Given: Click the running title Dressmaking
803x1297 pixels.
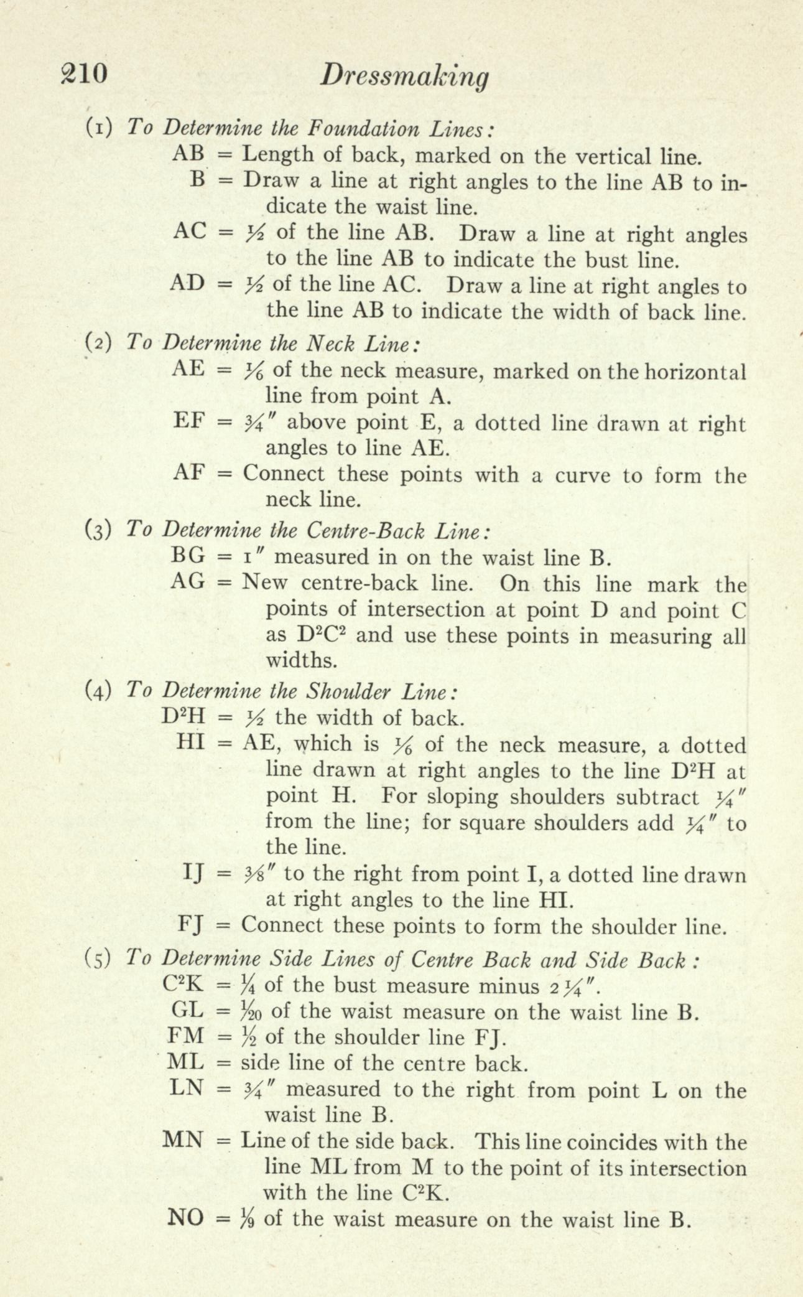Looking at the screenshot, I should (x=403, y=77).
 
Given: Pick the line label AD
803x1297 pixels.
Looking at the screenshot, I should (x=188, y=284).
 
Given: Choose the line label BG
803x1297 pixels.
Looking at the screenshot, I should (x=188, y=555).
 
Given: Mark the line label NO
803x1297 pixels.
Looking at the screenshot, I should (x=186, y=1217).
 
